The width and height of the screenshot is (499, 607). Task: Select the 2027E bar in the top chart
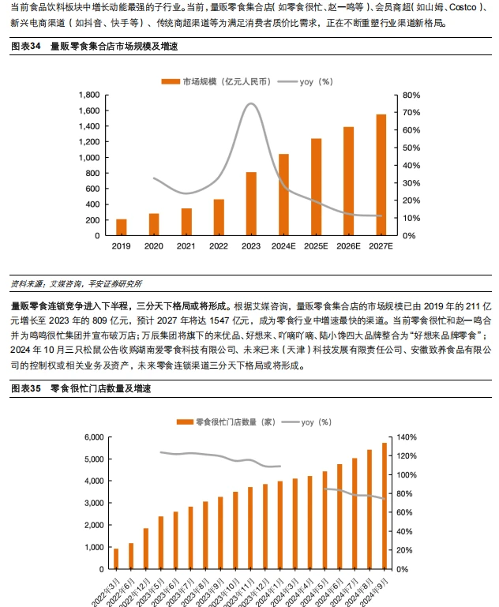pos(381,175)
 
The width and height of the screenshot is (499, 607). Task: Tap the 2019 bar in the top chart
pos(122,227)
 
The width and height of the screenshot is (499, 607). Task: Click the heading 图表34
pos(25,47)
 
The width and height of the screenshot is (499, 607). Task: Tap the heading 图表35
pos(25,389)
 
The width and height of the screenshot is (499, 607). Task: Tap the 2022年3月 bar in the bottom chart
pos(116,558)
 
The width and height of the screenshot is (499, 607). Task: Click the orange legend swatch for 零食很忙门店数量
pos(180,423)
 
